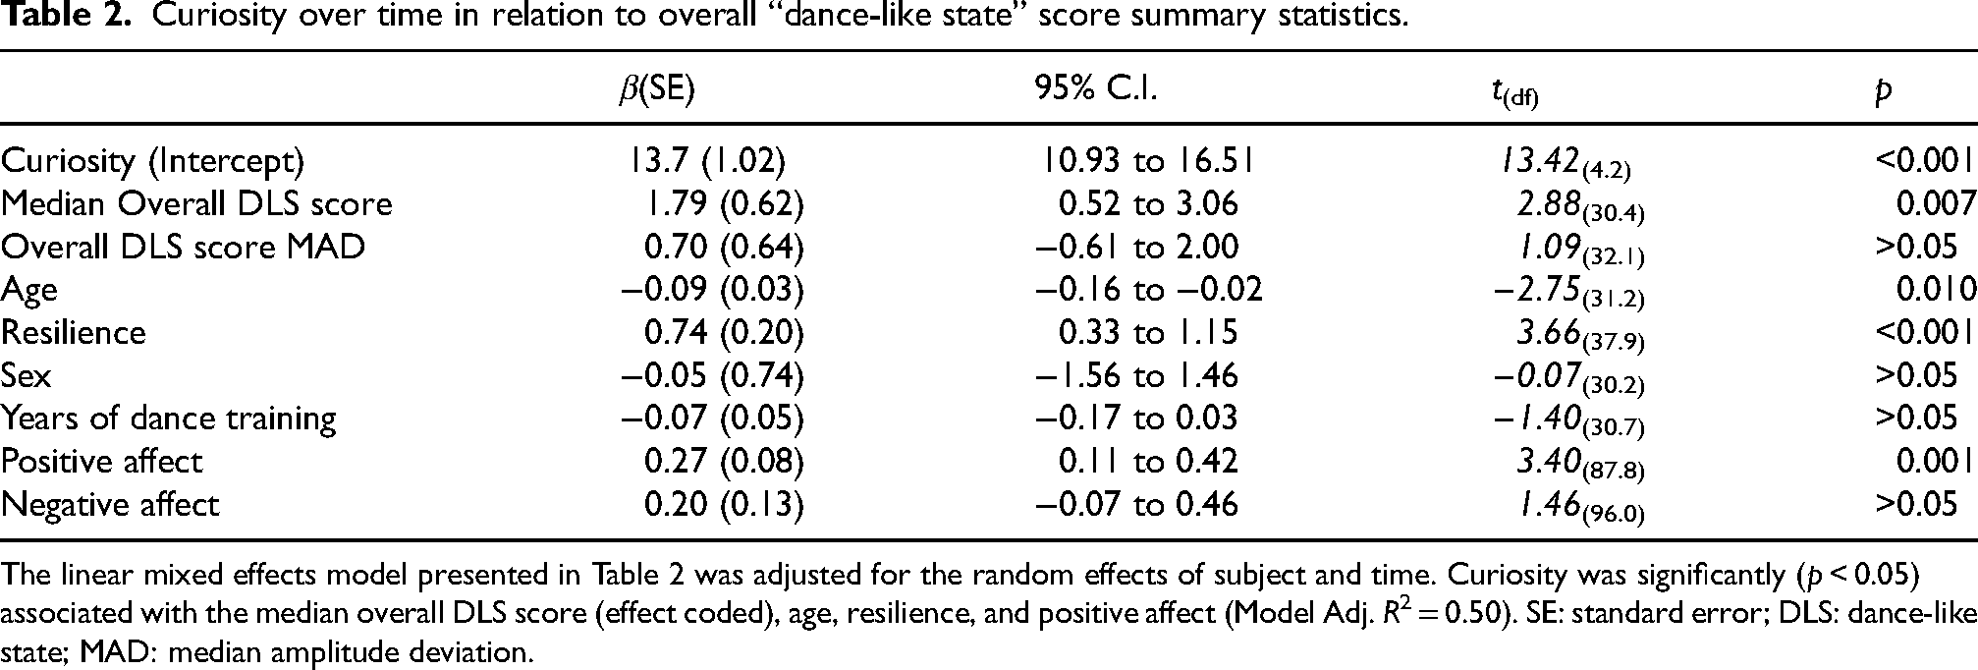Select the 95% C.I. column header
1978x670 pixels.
point(1095,90)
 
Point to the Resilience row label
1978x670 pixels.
point(74,332)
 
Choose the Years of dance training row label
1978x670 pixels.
point(169,419)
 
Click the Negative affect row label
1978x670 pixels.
point(110,504)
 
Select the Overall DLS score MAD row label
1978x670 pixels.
point(183,246)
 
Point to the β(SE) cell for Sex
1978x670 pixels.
point(712,375)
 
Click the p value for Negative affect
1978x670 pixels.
point(1916,504)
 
